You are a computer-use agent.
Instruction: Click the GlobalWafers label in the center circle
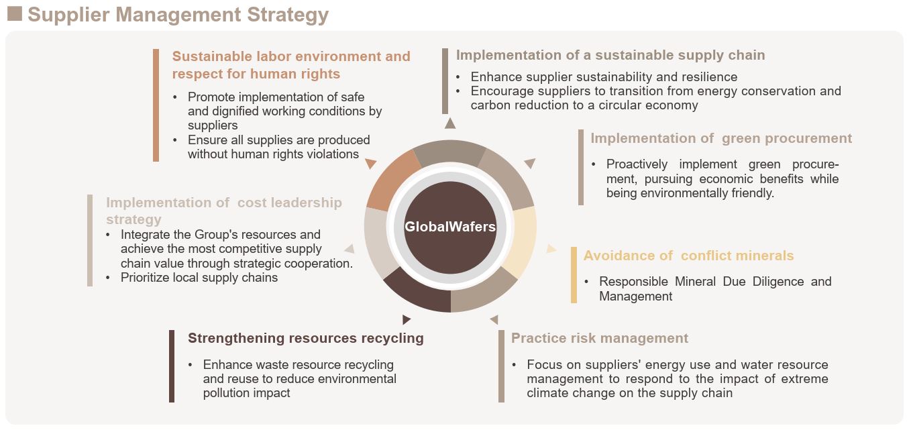pos(450,226)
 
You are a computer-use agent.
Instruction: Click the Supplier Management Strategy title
pos(178,15)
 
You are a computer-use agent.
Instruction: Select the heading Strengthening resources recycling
pos(305,338)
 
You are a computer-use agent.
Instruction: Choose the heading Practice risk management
pos(599,338)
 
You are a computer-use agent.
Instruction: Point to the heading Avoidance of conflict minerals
pos(688,256)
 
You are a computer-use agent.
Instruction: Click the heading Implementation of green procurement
pos(721,139)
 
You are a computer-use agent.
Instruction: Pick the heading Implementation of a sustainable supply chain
pos(610,55)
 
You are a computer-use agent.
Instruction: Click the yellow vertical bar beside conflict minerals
pos(574,275)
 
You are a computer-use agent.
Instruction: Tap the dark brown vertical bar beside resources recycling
pos(172,366)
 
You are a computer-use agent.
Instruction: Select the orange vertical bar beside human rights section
pos(156,105)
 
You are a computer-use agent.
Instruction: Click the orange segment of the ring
pos(393,180)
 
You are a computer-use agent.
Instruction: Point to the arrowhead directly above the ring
pos(450,123)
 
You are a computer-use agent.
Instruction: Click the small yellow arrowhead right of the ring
pos(551,249)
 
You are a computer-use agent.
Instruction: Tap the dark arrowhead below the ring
pos(407,320)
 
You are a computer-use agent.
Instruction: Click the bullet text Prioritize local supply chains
pos(199,278)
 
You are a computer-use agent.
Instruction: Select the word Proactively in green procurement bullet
pos(637,164)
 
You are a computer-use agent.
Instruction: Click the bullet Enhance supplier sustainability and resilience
pos(604,76)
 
